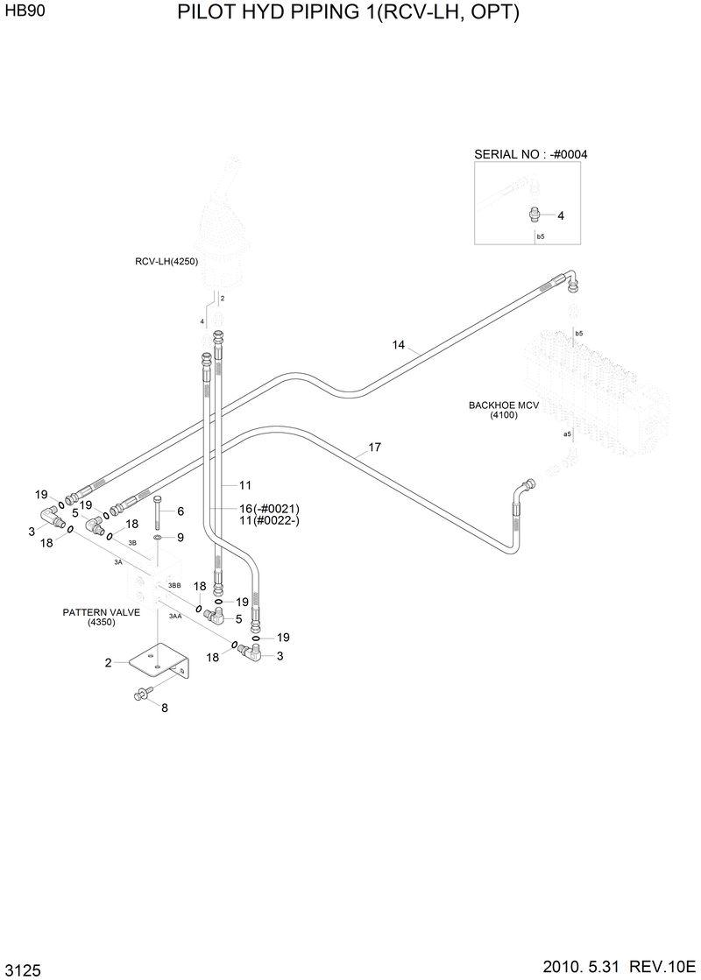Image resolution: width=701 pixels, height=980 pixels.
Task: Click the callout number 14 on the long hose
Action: click(399, 345)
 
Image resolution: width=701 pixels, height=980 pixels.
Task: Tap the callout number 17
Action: click(374, 448)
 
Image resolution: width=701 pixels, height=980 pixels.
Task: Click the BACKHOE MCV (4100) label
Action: click(504, 410)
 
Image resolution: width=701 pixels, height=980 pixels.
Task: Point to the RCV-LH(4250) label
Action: click(166, 260)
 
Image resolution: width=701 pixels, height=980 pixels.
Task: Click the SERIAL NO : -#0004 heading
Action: click(530, 154)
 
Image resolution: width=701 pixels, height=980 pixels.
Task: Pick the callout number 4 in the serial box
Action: click(561, 215)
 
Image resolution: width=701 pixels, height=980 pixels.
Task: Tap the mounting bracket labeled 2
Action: click(158, 662)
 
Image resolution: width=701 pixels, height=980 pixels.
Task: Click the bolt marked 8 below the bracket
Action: click(141, 694)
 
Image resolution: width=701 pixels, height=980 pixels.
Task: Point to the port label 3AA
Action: click(175, 617)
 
